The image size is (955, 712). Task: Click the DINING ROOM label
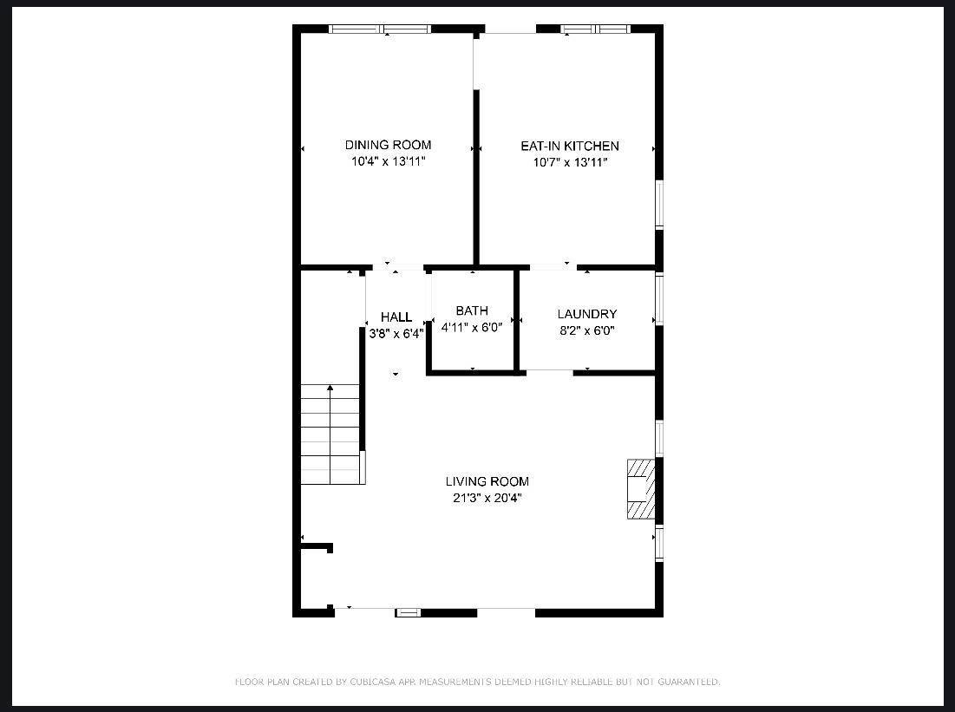click(388, 145)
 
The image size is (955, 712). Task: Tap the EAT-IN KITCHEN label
click(570, 147)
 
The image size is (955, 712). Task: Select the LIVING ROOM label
click(487, 481)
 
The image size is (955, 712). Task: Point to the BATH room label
click(471, 310)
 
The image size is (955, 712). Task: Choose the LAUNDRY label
click(587, 314)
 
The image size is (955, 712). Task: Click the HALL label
click(396, 317)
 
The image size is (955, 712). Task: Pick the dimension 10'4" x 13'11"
click(388, 161)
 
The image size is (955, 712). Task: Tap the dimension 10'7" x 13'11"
click(570, 163)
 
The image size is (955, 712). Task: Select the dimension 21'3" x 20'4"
click(487, 498)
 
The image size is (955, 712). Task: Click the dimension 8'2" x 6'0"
click(587, 330)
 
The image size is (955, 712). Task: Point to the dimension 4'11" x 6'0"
click(471, 327)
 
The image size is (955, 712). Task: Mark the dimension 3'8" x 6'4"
click(396, 334)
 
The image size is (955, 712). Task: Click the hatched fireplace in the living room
click(641, 489)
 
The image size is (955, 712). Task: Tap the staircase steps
click(330, 434)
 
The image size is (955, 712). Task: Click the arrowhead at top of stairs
click(330, 388)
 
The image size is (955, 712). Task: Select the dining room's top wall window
click(380, 29)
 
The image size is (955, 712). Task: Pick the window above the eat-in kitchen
click(595, 29)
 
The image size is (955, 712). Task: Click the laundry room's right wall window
click(659, 299)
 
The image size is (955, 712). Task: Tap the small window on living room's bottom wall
click(408, 613)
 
